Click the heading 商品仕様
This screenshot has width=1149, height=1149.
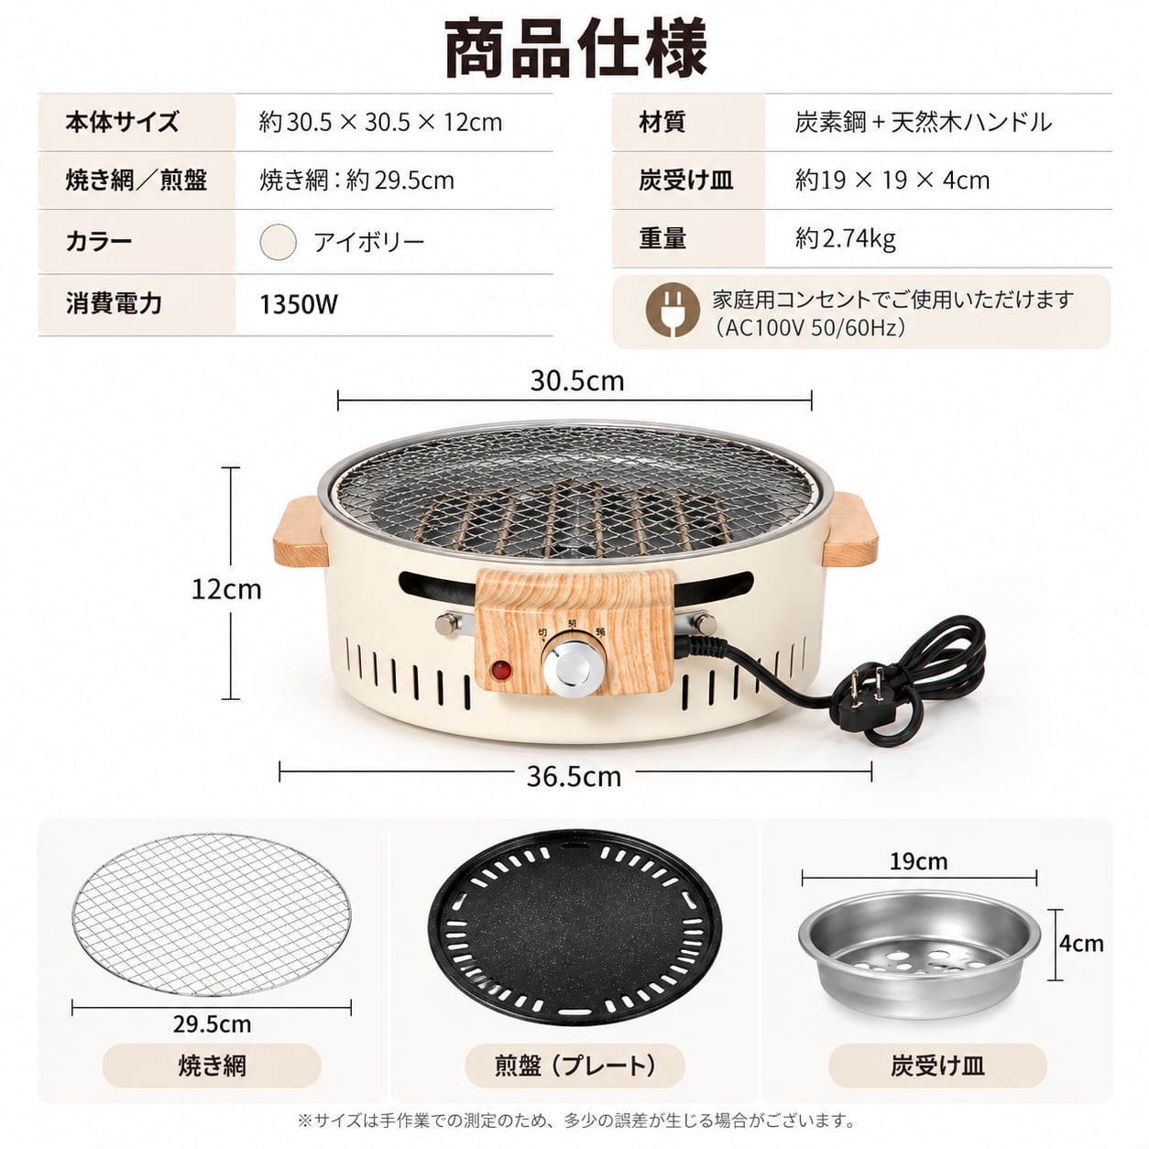click(x=576, y=49)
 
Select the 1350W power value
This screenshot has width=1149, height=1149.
click(x=299, y=304)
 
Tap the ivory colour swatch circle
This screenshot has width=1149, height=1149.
click(x=278, y=242)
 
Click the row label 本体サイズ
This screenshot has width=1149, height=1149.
click(x=122, y=122)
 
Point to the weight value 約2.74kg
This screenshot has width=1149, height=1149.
click(x=846, y=238)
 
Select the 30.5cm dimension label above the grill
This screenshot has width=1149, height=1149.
click(x=577, y=381)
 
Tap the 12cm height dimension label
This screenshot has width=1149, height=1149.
click(x=226, y=589)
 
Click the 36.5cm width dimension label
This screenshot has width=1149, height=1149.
click(x=574, y=776)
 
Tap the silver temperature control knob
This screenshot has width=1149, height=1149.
click(x=573, y=669)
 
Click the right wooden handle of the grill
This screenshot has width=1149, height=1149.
click(x=849, y=529)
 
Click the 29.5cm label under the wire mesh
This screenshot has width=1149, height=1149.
click(x=213, y=1023)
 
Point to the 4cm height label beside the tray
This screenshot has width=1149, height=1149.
click(x=1081, y=943)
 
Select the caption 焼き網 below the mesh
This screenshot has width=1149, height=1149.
click(x=213, y=1066)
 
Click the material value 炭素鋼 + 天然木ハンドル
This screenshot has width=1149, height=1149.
click(x=923, y=122)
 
